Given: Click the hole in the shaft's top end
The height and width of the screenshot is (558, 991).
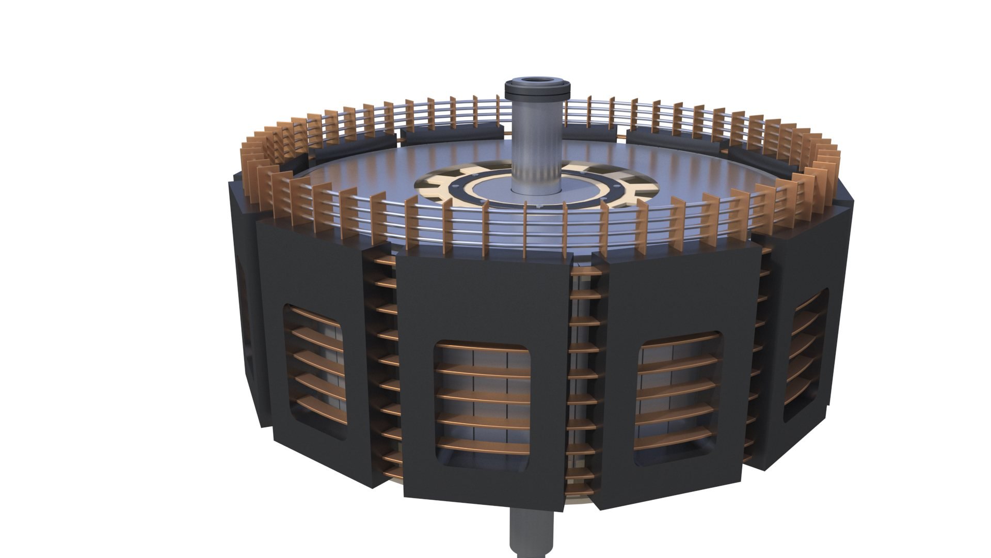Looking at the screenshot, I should pyautogui.click(x=537, y=81).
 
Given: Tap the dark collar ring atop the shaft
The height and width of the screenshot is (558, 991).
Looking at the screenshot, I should pyautogui.click(x=537, y=93).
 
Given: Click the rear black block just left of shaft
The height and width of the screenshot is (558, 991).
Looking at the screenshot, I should pyautogui.click(x=452, y=133).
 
